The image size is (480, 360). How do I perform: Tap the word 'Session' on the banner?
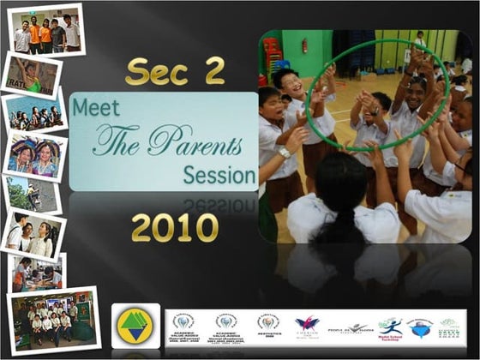pyautogui.click(x=219, y=175)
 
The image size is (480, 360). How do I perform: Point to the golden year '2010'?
pyautogui.click(x=175, y=228)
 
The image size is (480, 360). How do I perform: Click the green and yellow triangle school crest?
pyautogui.click(x=135, y=327)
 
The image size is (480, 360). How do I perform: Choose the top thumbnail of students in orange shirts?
pyautogui.click(x=47, y=32)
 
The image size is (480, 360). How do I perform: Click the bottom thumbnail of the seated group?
pyautogui.click(x=52, y=321)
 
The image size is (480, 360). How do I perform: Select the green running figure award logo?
pyautogui.click(x=389, y=327)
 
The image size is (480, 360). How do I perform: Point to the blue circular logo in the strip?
pyautogui.click(x=420, y=327)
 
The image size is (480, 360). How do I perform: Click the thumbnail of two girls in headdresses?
pyautogui.click(x=36, y=157)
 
